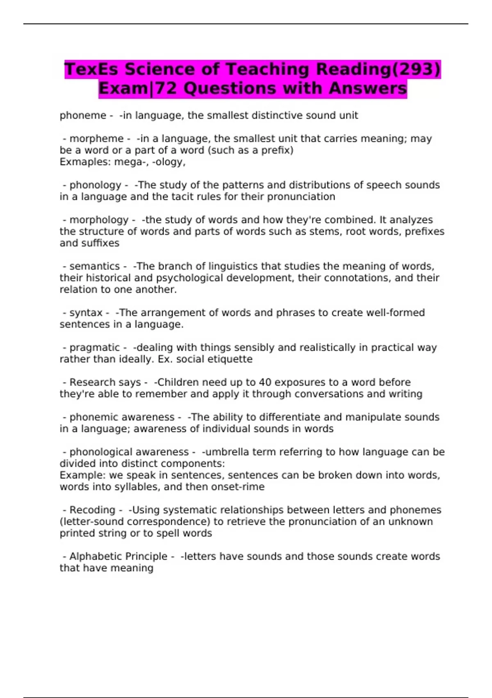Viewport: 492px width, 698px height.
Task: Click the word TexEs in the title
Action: [x=91, y=69]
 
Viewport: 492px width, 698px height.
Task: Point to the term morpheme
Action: [x=96, y=139]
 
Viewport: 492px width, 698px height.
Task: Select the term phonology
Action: [x=96, y=185]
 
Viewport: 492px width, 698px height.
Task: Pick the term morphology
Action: [x=99, y=220]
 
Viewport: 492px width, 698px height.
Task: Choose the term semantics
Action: [x=95, y=266]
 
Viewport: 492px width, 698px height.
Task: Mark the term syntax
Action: [x=86, y=313]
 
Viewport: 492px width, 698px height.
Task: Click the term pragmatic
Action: [x=95, y=348]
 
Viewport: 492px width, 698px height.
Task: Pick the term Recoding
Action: [x=92, y=510]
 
